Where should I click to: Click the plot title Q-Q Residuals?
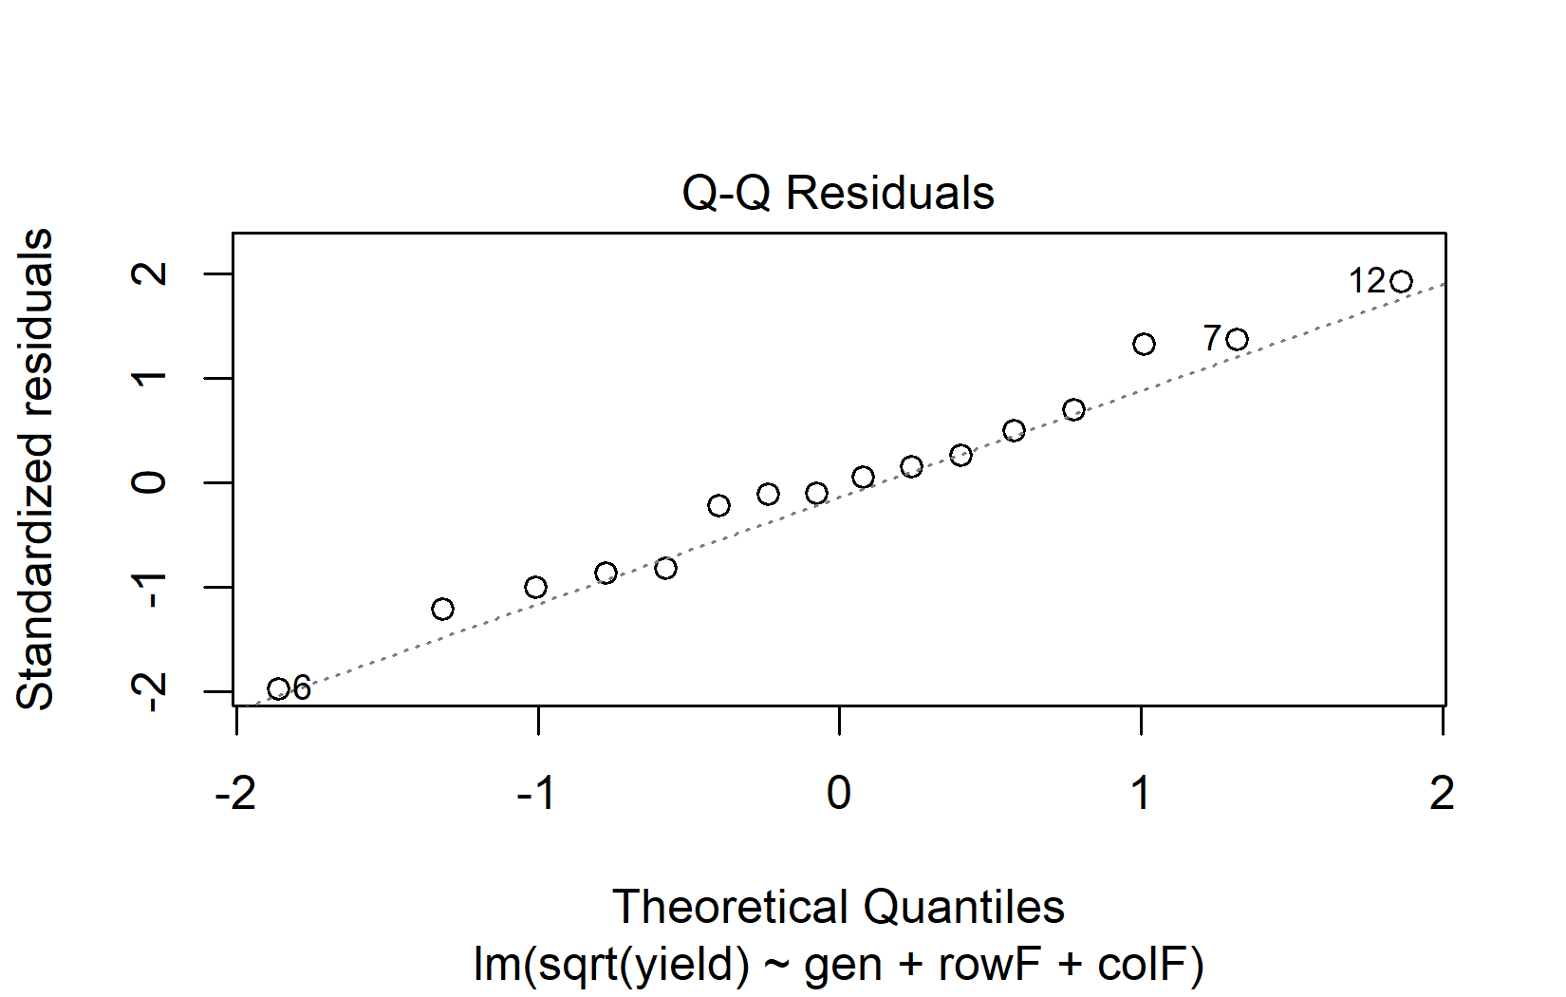[838, 194]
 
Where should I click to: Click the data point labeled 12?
[1402, 282]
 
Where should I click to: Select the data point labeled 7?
[1237, 340]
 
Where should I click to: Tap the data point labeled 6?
[278, 689]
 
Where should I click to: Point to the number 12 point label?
[1368, 281]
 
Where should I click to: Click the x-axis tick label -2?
[235, 794]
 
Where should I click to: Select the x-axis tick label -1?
[537, 794]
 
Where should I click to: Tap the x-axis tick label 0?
[839, 794]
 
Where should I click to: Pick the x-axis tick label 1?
[1141, 794]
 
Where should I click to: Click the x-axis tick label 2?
[1442, 794]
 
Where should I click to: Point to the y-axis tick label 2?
[151, 274]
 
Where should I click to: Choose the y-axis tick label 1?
[151, 378]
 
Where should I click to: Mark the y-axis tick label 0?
[151, 482]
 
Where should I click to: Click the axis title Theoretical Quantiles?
[838, 908]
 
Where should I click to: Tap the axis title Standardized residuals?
[37, 469]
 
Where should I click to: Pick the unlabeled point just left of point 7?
[1145, 344]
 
